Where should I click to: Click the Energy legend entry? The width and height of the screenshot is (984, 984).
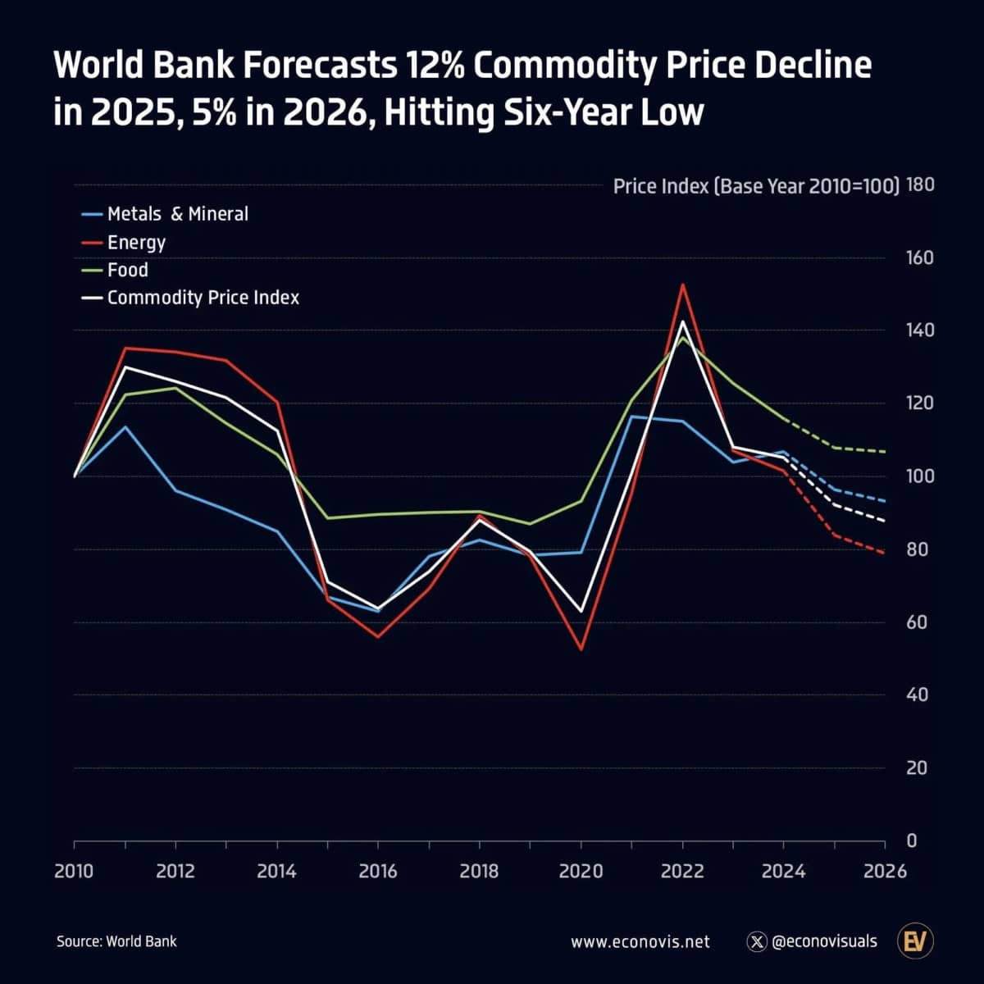pos(136,243)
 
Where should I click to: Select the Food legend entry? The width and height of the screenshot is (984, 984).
pos(127,271)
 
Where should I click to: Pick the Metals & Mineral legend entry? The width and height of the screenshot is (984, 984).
pos(177,214)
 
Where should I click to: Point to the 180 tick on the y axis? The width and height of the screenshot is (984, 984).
pos(921,185)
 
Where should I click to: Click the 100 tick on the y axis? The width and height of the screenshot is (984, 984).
pos(921,476)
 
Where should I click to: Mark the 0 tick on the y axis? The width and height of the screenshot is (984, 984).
pos(912,841)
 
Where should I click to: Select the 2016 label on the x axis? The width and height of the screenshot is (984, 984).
pos(378,871)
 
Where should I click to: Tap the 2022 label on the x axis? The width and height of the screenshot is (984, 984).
pos(682,871)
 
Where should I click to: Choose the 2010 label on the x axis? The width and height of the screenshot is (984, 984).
pos(74,871)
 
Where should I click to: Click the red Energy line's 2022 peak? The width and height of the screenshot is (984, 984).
pos(682,285)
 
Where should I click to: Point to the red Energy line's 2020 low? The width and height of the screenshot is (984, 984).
pos(581,649)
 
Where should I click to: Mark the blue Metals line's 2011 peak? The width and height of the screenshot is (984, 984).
pos(125,426)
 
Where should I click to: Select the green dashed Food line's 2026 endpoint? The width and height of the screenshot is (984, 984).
pos(885,452)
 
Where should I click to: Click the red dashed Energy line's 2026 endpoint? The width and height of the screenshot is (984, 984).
pos(885,553)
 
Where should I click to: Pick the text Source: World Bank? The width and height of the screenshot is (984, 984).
pos(116,941)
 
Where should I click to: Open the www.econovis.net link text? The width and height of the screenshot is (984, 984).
pos(640,942)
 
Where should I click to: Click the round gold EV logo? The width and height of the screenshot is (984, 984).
pos(916,941)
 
